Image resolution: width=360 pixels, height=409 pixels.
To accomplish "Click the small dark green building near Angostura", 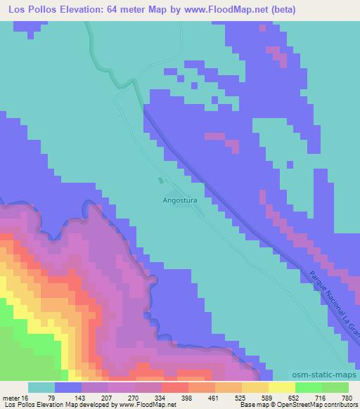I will (161, 181).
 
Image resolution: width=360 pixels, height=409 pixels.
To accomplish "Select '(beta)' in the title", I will (278, 9).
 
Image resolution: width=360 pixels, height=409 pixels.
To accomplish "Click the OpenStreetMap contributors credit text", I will (316, 405).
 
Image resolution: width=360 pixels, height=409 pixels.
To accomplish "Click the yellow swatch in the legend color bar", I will (281, 387).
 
